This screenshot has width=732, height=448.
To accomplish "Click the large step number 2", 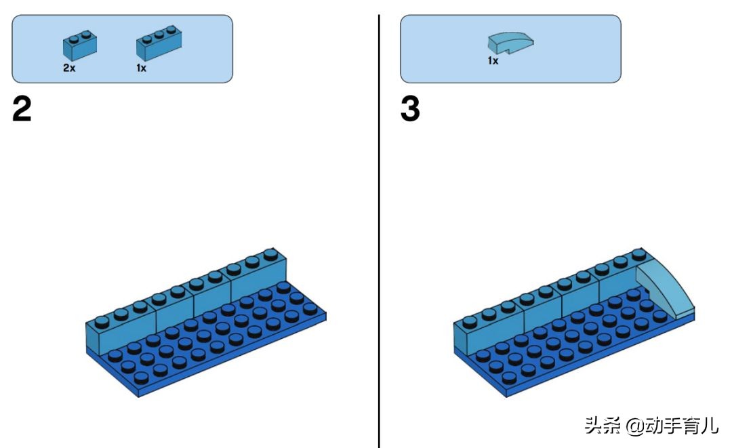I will pos(22,109).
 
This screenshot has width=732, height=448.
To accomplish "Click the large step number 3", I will pos(410,109).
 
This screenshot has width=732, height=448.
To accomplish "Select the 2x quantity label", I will pos(69,68).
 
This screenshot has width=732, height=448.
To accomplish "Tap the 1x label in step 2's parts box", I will pos(141,68).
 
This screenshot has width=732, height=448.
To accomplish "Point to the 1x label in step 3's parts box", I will pos(493,61).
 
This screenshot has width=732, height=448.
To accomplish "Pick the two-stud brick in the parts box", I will pos(79,45).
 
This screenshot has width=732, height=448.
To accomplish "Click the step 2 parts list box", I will pos(122,49).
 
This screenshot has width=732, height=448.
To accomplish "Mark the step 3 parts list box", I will pos(510,49).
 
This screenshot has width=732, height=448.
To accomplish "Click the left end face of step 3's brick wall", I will pos(464,340).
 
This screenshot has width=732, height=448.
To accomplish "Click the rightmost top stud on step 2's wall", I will pos(271,255).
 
